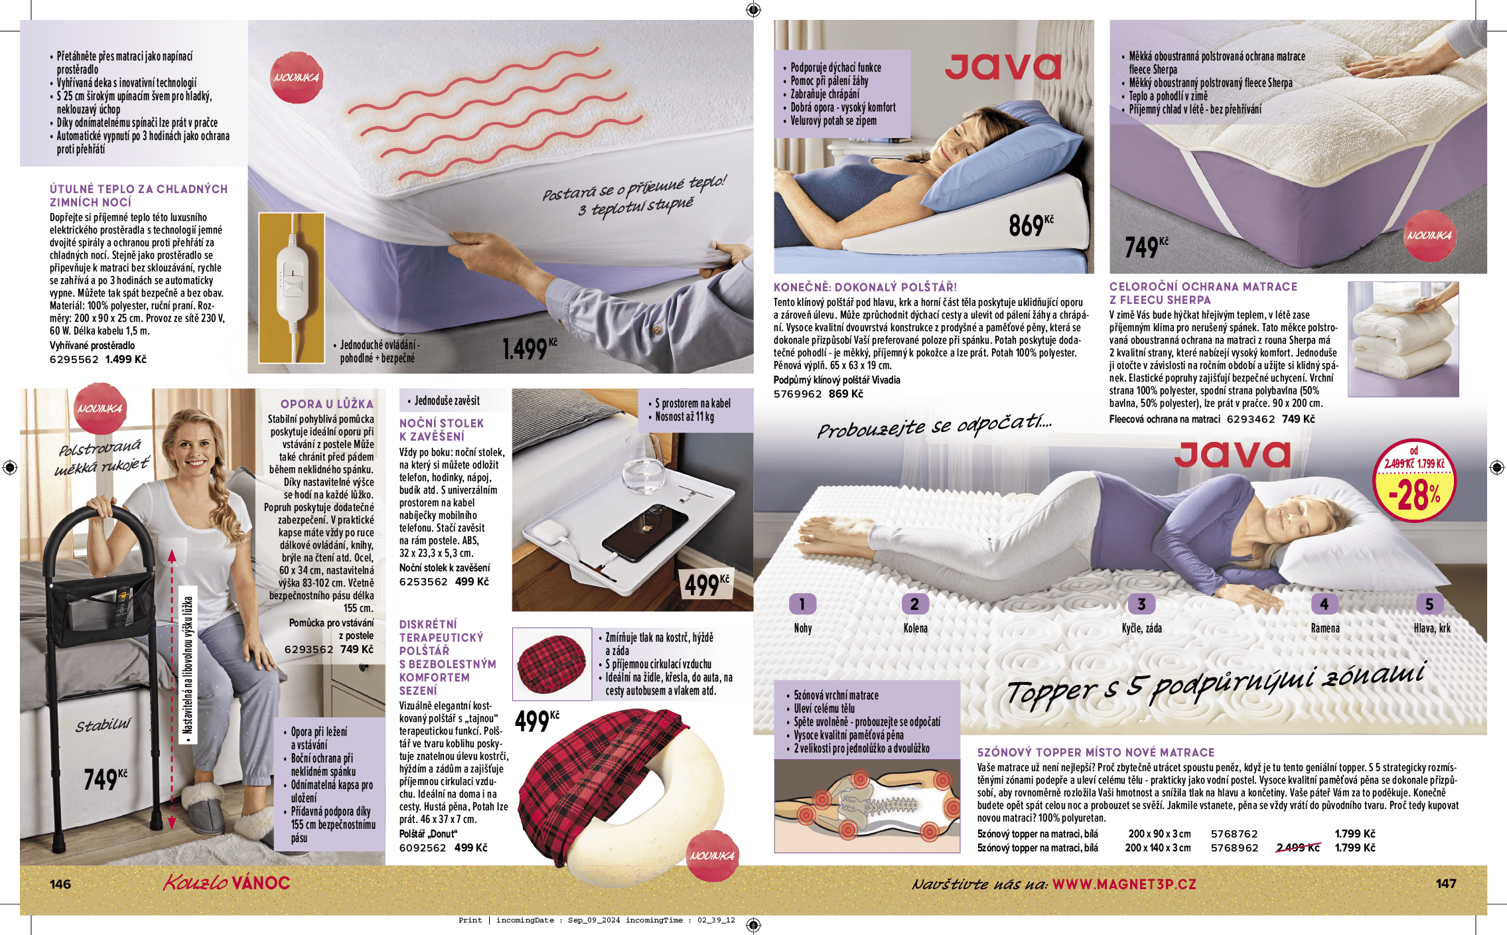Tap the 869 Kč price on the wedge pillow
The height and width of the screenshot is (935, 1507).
coord(1030,226)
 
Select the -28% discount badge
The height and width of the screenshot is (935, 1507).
coord(1413,482)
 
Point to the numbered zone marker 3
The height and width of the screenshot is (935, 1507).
coord(1141,604)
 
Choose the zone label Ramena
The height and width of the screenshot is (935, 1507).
coord(1325,628)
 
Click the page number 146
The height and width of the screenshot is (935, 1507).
coord(60,884)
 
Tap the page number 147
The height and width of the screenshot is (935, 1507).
coord(1446,883)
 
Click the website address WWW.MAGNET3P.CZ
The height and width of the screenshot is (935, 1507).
coord(1124,884)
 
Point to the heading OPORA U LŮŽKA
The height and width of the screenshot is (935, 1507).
coord(326,403)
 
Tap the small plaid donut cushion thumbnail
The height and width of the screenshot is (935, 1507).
coord(551,664)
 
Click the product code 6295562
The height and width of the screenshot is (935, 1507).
coord(74,360)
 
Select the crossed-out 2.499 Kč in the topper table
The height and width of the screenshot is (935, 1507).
coord(1297,847)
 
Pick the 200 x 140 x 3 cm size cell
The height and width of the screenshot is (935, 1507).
coord(1157,847)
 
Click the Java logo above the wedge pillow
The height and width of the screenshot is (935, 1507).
coord(1002,66)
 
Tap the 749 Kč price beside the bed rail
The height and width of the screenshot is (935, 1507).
coord(105,778)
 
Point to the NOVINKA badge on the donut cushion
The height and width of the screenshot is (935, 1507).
coord(712,856)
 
